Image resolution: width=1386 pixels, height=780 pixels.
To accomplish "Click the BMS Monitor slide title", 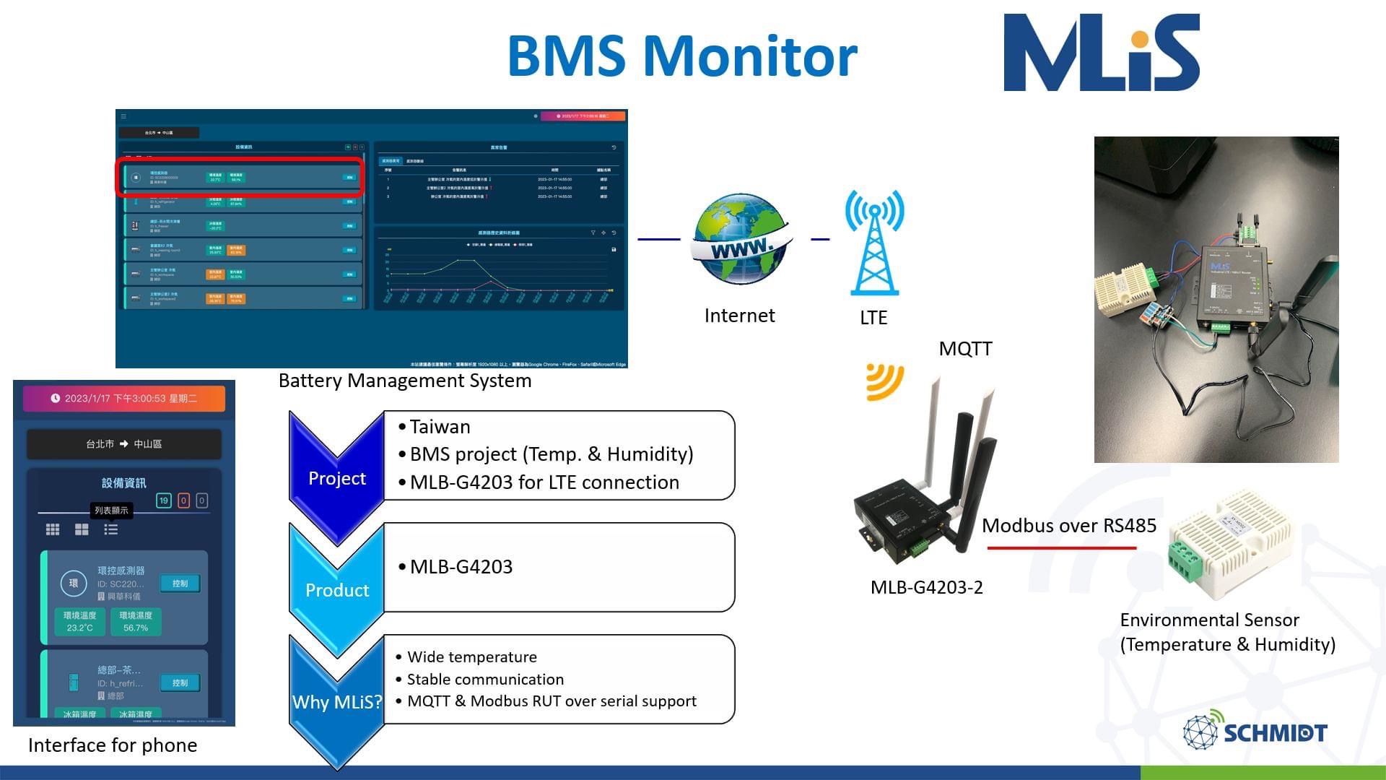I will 682,56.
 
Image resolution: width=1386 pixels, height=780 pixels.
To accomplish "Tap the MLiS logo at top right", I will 1102,52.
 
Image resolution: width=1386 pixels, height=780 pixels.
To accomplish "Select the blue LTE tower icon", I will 874,243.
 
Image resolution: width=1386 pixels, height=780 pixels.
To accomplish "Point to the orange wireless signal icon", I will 884,381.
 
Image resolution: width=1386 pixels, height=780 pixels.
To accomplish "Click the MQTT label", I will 965,349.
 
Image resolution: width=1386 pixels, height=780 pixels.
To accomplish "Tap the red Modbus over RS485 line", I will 1061,548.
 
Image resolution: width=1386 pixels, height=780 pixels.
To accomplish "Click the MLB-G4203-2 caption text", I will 926,587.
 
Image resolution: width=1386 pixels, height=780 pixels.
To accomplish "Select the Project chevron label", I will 336,478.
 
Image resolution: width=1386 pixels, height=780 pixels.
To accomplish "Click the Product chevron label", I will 336,590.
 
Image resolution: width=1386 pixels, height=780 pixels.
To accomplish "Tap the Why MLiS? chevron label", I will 336,702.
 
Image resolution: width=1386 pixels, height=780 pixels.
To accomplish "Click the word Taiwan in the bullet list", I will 440,427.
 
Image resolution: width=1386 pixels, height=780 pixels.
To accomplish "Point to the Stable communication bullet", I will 485,679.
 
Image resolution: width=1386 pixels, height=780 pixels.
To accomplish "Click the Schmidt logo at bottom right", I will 1255,732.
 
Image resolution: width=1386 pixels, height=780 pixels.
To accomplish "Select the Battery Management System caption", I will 405,381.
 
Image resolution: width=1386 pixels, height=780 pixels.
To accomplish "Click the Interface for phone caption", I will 113,745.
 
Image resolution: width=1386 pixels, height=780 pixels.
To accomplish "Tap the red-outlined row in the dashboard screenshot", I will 240,177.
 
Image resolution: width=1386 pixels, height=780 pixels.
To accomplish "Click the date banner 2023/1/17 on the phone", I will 124,399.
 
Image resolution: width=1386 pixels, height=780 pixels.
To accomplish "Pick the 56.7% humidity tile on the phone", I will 136,621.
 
